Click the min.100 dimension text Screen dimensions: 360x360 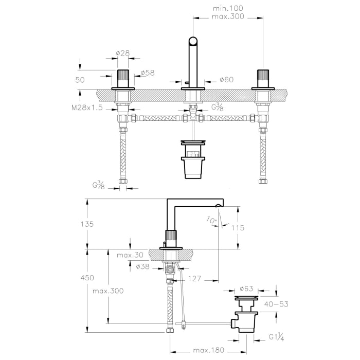(x=228, y=9)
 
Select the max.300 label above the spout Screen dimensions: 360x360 (x=228, y=16)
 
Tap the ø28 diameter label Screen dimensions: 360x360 (x=123, y=53)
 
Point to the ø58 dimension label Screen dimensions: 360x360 (x=148, y=73)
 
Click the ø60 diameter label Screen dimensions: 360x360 (x=226, y=80)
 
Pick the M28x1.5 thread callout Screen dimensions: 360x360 (x=87, y=107)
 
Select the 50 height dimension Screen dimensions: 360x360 (x=80, y=80)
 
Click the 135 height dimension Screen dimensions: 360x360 (x=87, y=224)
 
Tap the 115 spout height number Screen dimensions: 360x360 (x=238, y=228)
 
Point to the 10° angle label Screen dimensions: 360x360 (x=212, y=221)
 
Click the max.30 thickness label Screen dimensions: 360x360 (x=130, y=255)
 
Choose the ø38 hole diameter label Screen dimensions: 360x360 (x=142, y=266)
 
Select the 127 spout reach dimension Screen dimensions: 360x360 (x=194, y=279)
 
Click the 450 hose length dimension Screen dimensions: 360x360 (x=87, y=278)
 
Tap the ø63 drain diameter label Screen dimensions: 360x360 (x=246, y=289)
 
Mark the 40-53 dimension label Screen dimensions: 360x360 (x=276, y=304)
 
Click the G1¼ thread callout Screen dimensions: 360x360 (x=277, y=337)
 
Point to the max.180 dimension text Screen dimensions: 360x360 (x=208, y=350)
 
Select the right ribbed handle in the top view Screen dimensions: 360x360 (x=263, y=78)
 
